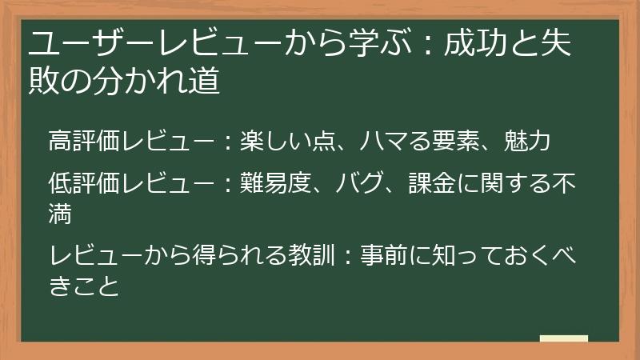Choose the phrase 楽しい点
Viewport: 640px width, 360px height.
[291, 142]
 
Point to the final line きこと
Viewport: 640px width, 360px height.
[84, 284]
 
